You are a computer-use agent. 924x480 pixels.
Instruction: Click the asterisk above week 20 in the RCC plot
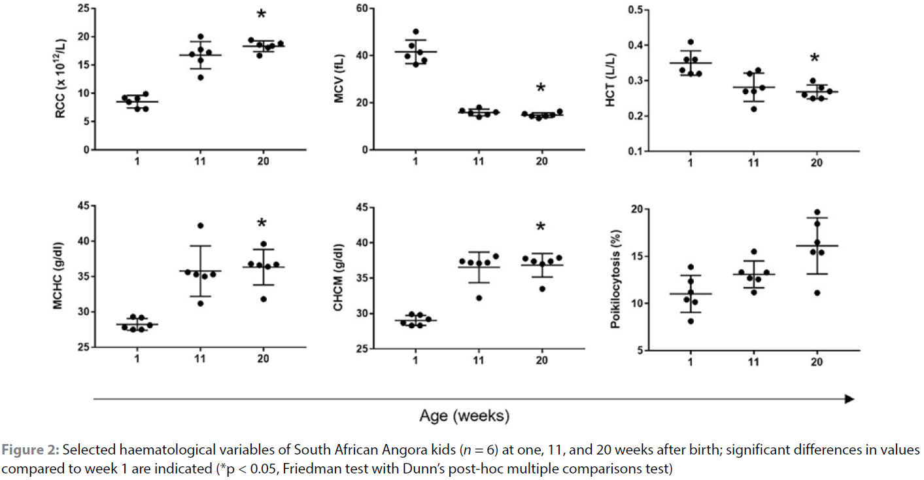(262, 15)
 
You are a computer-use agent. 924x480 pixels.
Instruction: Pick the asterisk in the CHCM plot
(540, 228)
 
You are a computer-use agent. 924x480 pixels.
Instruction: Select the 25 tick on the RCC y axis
(84, 9)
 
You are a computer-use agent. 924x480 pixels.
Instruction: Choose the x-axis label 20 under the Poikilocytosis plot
(816, 361)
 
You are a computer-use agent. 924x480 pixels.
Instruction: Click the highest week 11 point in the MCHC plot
(200, 226)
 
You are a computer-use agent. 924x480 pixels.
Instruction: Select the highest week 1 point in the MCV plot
(416, 32)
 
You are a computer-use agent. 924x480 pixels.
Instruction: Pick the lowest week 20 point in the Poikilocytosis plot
(817, 292)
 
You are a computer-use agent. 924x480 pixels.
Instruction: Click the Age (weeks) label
(464, 416)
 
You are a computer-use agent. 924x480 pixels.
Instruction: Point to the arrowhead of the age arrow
(849, 399)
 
